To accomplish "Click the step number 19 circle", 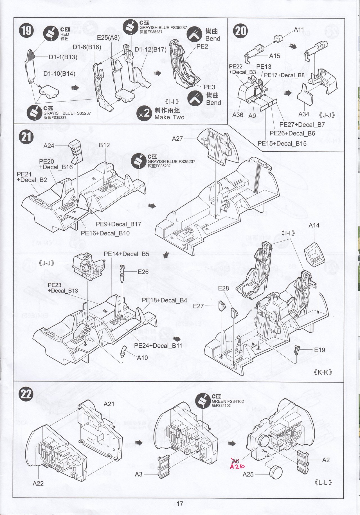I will pos(26,30).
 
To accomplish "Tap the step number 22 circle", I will pos(26,394).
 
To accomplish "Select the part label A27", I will pos(177,138).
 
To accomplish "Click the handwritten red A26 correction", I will pos(237,467).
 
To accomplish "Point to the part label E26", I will pos(143,272).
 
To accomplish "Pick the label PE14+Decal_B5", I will pos(126,254).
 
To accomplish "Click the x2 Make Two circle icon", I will pos(145,114).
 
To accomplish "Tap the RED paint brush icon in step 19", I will pos(51,33).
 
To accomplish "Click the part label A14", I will pos(314,225).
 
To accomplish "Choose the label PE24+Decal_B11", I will pos(158,346).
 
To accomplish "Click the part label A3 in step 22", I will pos(139,474).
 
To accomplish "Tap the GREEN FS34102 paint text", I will pos(228,401).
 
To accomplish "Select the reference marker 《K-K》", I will pos(323,372).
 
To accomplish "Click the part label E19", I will pos(319,350).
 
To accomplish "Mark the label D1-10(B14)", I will pos(59,74).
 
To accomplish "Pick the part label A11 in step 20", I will pos(299,30).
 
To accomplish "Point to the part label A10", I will pos(142,357).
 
